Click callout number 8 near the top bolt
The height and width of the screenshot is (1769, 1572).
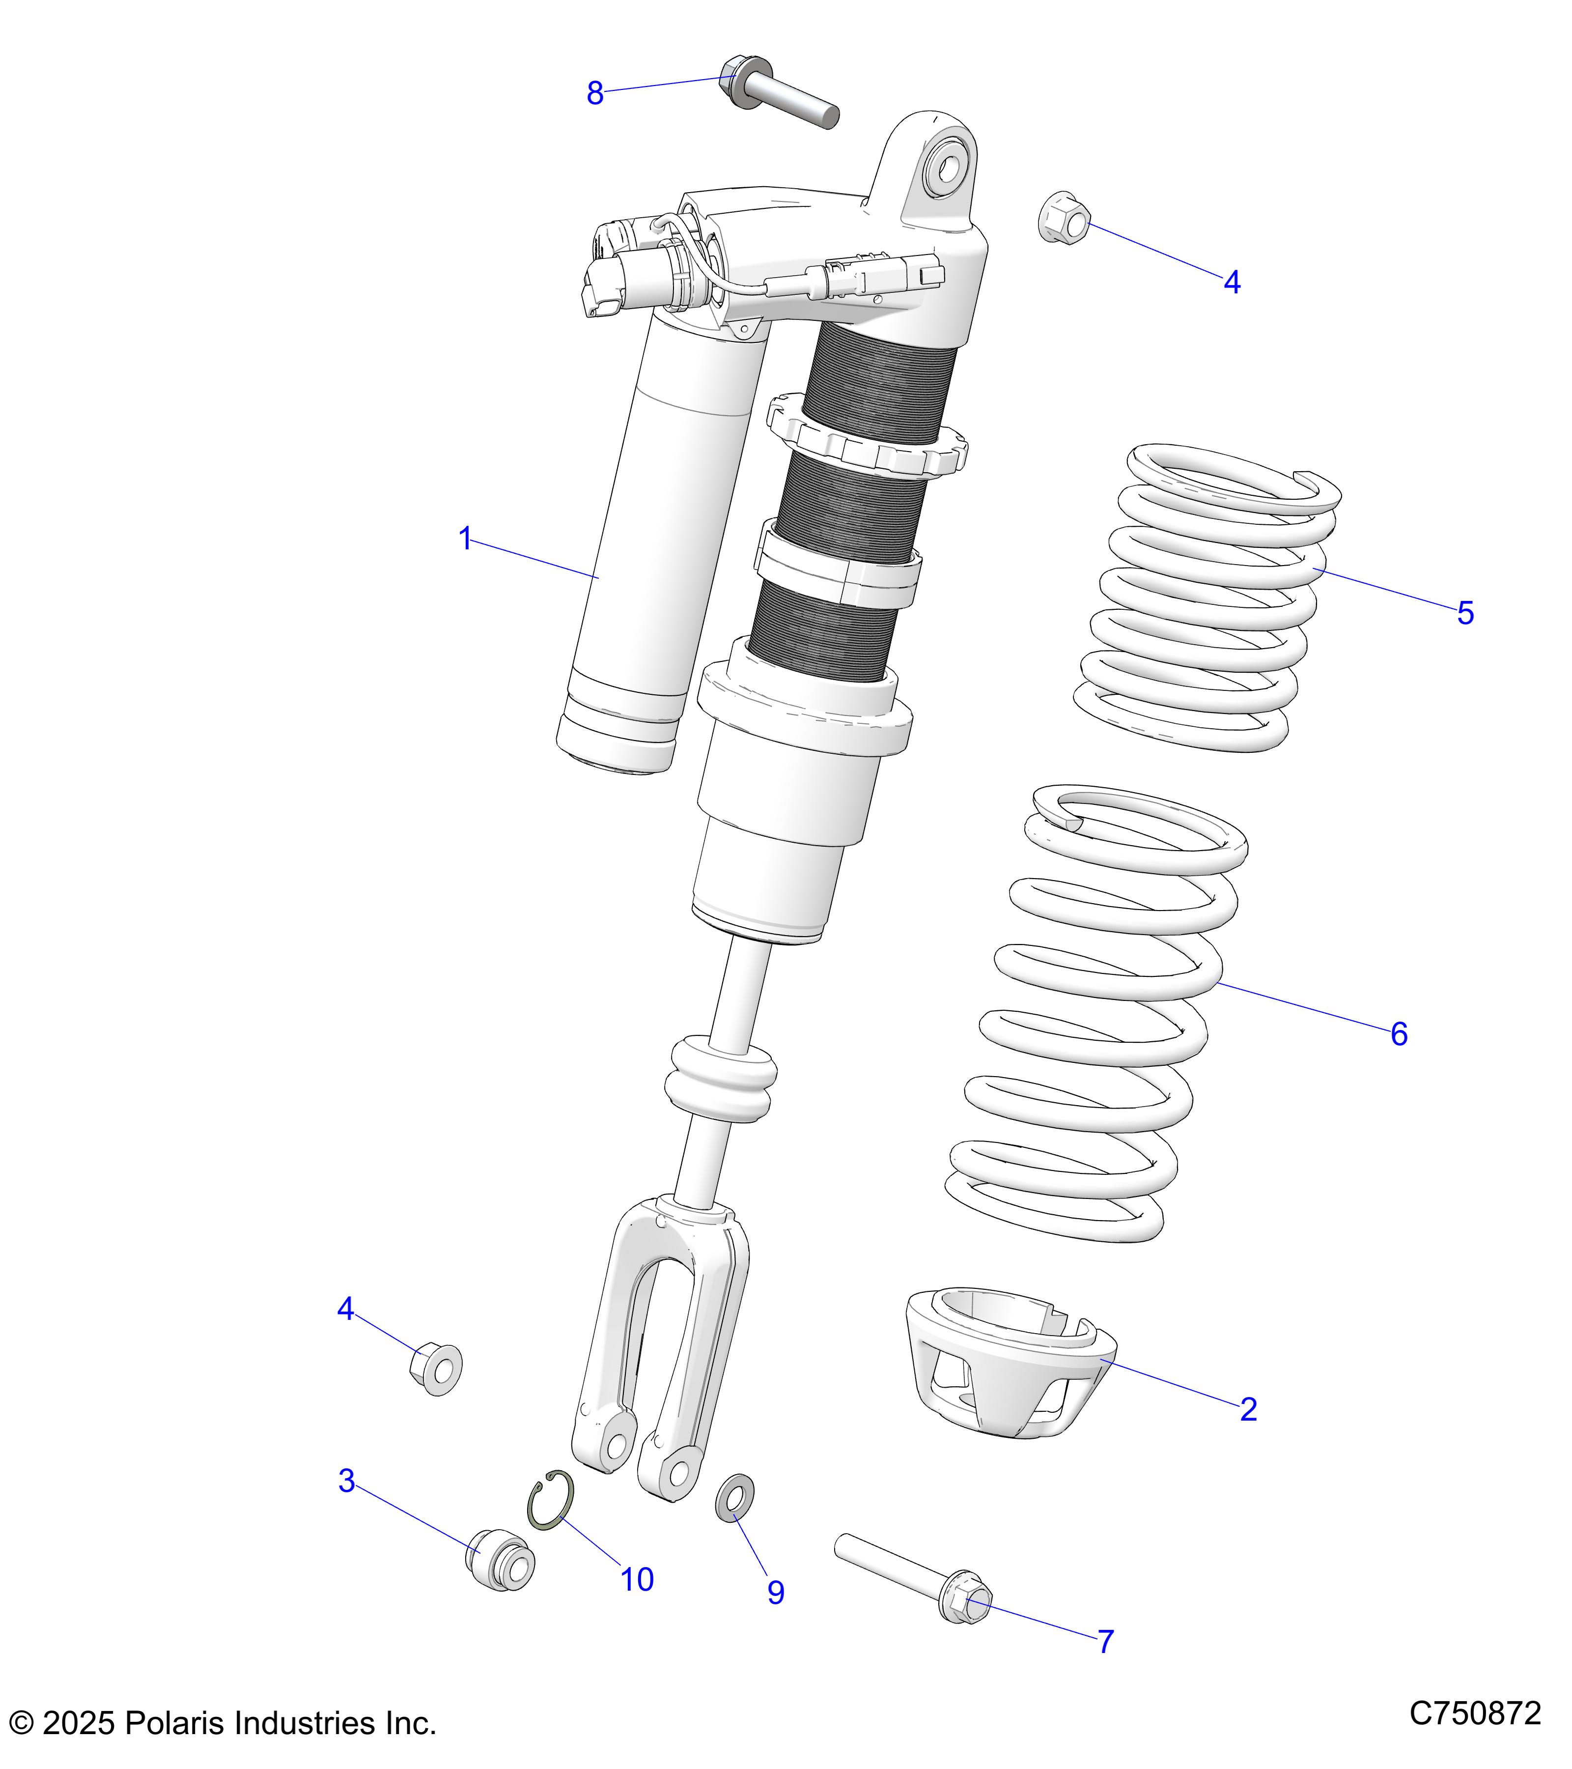point(594,93)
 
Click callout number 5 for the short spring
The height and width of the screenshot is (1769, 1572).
point(1465,614)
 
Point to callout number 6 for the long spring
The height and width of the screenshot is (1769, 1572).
point(1399,1034)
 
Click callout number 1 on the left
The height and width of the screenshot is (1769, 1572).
point(465,539)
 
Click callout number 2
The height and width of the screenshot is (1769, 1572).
point(1248,1410)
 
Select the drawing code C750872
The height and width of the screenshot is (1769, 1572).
point(1475,1713)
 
